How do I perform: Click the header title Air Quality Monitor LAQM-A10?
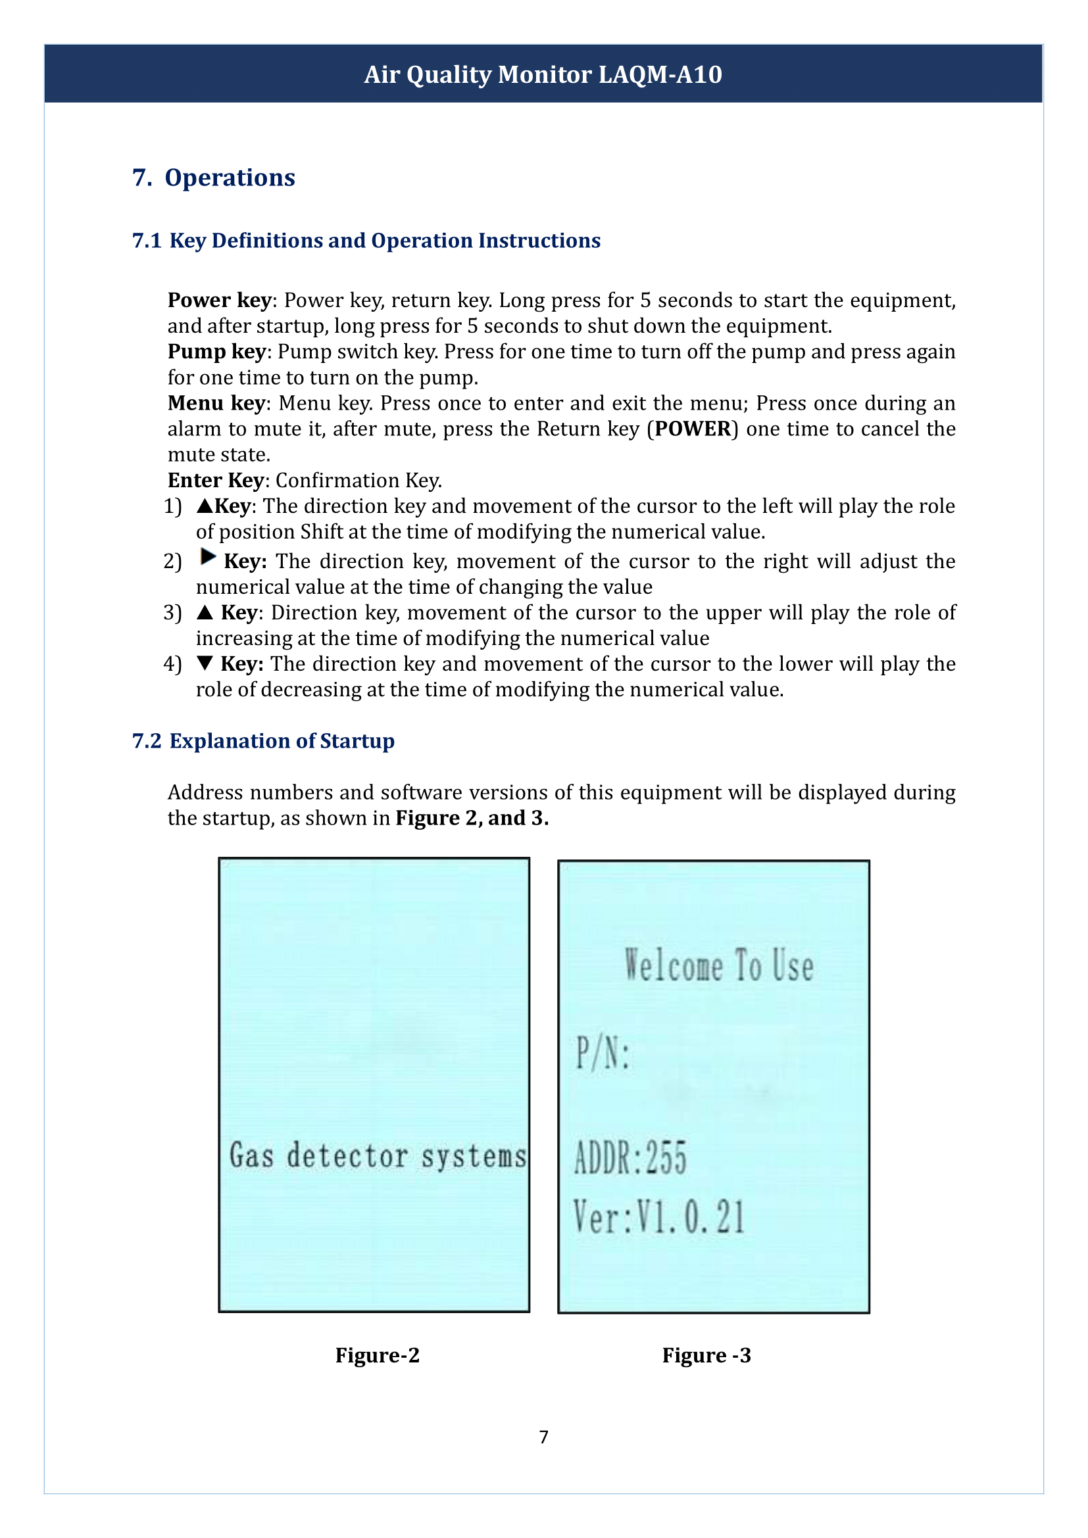[x=543, y=74]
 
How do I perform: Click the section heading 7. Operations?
[x=214, y=178]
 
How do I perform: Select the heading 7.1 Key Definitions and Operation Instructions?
[x=366, y=241]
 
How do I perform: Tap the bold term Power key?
[x=219, y=300]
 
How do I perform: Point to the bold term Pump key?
[x=216, y=352]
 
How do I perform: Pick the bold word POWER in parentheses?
[x=692, y=429]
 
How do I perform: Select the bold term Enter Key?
[x=216, y=480]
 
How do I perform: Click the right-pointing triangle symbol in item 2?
[x=208, y=557]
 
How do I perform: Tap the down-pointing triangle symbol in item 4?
[x=205, y=663]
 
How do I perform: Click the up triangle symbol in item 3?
[x=205, y=612]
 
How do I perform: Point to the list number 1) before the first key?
[x=173, y=506]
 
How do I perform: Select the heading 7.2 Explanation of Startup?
[x=263, y=741]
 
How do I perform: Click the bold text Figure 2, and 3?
[x=472, y=818]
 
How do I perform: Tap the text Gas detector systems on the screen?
[x=377, y=1155]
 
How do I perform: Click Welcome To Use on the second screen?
[x=718, y=965]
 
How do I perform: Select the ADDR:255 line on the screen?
[x=630, y=1157]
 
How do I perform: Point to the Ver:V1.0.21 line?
[x=658, y=1217]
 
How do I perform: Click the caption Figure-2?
[x=377, y=1355]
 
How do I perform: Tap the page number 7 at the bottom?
[x=543, y=1437]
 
